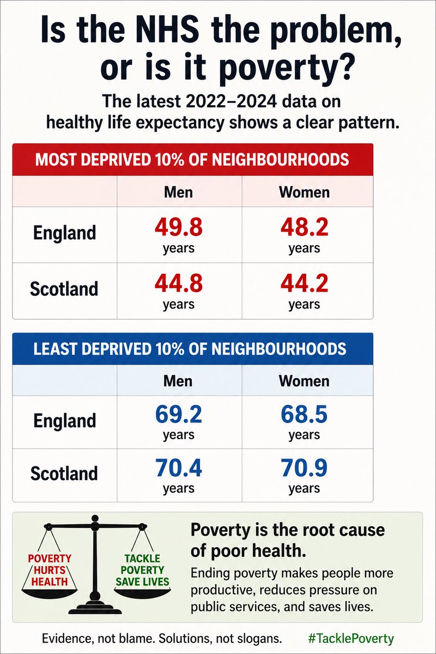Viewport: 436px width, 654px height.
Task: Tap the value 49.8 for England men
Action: (178, 228)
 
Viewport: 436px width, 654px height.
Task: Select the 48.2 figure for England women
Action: (304, 228)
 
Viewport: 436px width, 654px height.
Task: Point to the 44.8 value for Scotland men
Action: (178, 283)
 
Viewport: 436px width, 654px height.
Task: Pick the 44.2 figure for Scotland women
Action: (304, 283)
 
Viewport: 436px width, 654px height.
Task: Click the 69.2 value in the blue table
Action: (178, 415)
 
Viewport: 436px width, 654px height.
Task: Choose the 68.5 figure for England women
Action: (304, 415)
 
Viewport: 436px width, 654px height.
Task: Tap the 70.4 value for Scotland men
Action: (178, 468)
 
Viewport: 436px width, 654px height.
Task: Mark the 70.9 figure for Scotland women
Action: (304, 468)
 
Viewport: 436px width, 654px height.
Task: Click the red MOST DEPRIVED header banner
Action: (193, 159)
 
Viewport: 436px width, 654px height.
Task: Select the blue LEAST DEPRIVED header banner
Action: (193, 349)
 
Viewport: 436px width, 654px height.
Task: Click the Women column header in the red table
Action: (304, 192)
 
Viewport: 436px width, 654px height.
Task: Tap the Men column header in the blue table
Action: (178, 381)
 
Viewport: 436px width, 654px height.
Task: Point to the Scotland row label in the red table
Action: (64, 289)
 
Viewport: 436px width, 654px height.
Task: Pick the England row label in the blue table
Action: (64, 421)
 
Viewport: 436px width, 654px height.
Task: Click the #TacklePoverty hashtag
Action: (351, 639)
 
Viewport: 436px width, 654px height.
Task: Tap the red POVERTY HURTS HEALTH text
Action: (50, 570)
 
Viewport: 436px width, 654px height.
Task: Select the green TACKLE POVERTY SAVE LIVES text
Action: (142, 570)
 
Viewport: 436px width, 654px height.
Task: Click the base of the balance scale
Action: (95, 610)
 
